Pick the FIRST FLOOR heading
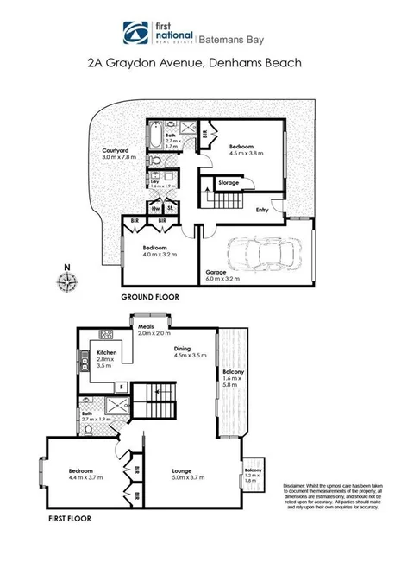click(x=70, y=520)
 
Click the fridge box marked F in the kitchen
click(x=121, y=386)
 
